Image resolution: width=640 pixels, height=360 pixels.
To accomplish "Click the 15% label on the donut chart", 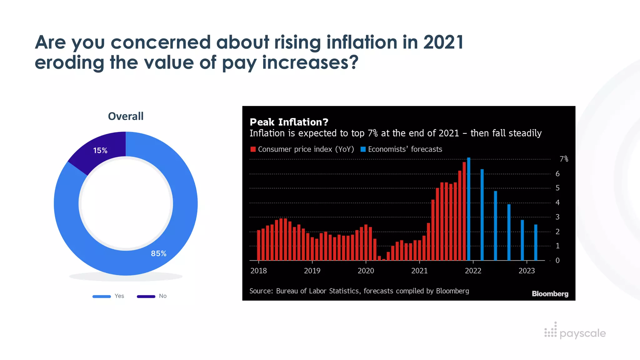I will pos(100,150).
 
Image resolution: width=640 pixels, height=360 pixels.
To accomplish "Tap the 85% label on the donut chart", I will pos(158,253).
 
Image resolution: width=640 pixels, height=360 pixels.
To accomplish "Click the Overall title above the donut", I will pos(126,116).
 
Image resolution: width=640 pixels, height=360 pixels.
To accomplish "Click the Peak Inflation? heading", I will pos(289,122).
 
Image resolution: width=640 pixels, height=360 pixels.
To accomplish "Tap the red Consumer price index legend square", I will pos(253,149).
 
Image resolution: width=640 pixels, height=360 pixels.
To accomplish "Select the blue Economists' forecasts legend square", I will pos(363,149).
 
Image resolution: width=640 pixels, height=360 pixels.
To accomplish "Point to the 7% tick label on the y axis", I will pos(563,159).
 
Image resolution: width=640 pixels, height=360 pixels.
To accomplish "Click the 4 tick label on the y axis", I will pos(557,202).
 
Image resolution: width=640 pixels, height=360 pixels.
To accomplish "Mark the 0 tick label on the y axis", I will pos(557,260).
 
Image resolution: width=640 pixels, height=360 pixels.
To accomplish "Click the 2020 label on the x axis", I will pos(366,271).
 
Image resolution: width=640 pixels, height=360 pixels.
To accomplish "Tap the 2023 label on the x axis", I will pos(527,271).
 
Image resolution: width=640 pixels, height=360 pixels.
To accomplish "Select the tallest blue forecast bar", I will pos(468,209).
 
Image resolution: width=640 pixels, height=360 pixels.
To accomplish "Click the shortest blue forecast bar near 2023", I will pos(536,242).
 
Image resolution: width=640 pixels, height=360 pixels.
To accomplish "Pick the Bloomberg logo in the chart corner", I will pos(550,294).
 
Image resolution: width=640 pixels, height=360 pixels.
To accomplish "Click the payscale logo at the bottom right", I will pos(575,332).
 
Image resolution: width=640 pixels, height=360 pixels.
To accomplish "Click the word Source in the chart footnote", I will pos(261,291).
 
